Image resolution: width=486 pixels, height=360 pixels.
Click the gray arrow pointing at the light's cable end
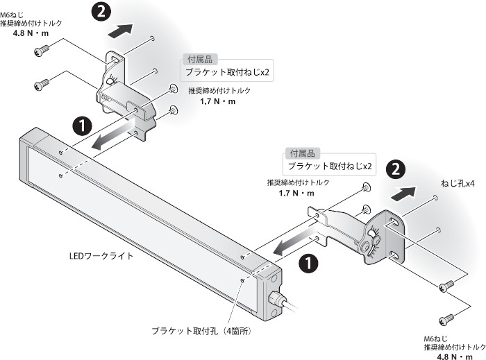tap(290, 242)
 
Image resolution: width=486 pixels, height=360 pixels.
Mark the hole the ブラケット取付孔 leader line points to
tap(241, 280)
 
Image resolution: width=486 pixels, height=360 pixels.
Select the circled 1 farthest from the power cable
tap(82, 125)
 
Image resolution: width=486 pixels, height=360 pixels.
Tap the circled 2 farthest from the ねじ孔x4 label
tap(102, 10)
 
